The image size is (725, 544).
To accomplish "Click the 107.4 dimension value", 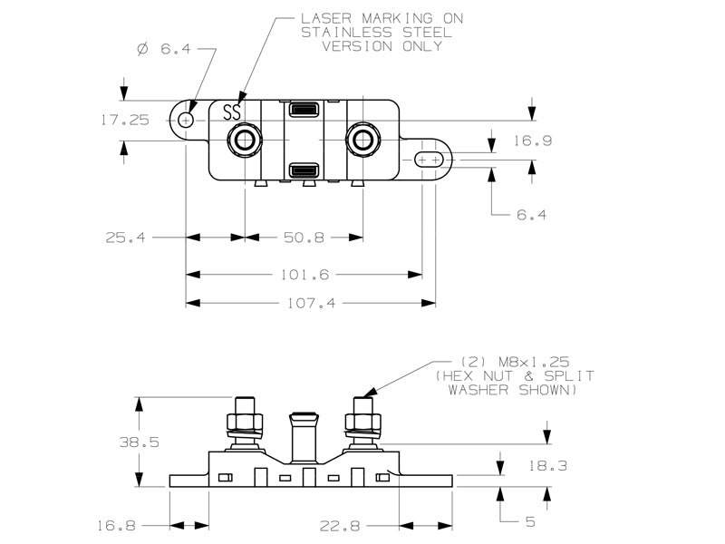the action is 311,304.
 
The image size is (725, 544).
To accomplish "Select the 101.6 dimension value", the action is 304,275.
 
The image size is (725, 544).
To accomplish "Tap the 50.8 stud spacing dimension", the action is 304,238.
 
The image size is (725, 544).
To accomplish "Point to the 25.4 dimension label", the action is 125,238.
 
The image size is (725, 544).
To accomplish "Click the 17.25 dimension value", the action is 125,121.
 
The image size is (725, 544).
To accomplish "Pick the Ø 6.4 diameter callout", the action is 164,49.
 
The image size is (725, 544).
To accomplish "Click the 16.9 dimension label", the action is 533,141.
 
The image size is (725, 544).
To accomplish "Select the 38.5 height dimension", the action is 140,442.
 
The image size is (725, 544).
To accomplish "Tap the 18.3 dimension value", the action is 547,465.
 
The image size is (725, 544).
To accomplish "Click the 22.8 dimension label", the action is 340,526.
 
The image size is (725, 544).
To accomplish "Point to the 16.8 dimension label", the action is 116,526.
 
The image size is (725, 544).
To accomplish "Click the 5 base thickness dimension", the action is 530,522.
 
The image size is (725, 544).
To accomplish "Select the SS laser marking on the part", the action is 232,112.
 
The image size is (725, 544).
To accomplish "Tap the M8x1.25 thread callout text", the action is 534,362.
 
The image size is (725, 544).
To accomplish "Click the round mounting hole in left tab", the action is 186,121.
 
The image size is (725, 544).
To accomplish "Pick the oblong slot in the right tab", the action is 429,160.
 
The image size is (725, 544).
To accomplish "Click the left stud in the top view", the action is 244,140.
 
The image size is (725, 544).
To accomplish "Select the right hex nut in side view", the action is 363,422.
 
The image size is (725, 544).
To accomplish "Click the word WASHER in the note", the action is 478,390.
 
